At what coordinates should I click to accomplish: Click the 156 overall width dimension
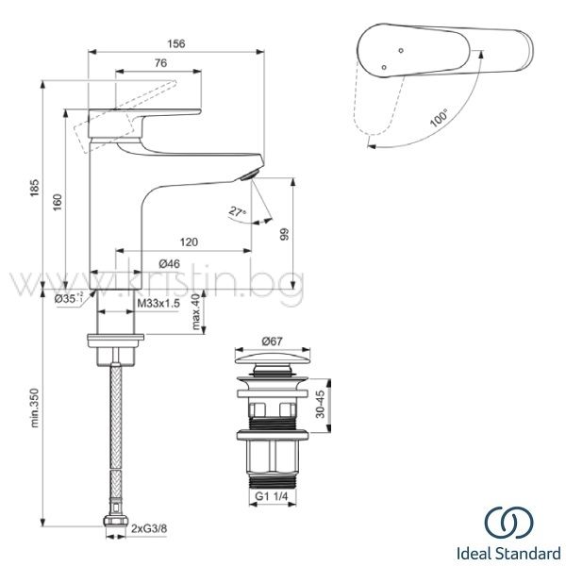[x=176, y=43]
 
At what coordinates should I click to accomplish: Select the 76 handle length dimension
[x=160, y=63]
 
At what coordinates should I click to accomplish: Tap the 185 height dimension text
[x=34, y=188]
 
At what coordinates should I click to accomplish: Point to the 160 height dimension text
[x=58, y=203]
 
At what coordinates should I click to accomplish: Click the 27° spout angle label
[x=237, y=211]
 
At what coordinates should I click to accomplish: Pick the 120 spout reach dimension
[x=189, y=241]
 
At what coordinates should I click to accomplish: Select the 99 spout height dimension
[x=285, y=234]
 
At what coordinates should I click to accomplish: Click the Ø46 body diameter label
[x=169, y=264]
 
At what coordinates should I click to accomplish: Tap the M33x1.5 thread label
[x=158, y=303]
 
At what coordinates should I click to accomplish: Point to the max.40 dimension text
[x=196, y=312]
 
